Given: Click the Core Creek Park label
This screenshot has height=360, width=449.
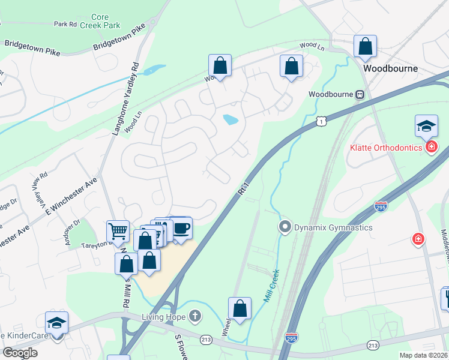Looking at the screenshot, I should point(106,21).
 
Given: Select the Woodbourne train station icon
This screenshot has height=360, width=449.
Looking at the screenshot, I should point(360,94).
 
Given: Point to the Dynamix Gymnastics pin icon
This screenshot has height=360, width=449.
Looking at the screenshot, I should point(285,227).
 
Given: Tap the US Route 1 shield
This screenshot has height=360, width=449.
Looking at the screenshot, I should point(322,122).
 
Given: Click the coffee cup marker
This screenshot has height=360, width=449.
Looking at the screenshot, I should point(182,229).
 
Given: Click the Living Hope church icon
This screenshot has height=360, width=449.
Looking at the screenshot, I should point(194,316).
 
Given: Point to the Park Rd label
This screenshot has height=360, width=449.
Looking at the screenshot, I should point(65,25).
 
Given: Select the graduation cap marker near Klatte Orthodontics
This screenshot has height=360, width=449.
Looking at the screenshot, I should point(426,126).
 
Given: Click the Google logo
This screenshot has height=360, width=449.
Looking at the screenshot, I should point(20,353).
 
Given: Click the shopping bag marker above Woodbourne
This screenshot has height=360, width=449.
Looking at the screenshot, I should point(365,46).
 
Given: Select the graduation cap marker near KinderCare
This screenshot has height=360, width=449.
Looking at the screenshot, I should point(57,323).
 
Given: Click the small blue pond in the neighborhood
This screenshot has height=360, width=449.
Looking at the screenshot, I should point(231,120).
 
